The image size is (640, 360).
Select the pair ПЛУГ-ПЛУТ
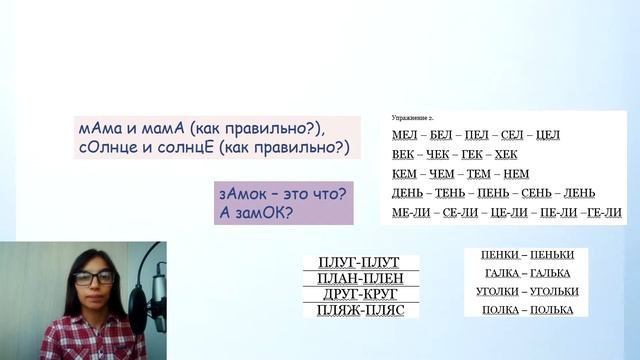361,262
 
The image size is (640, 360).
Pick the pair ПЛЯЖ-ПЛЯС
361,311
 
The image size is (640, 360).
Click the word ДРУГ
338,294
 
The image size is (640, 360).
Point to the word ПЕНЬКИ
552,254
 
